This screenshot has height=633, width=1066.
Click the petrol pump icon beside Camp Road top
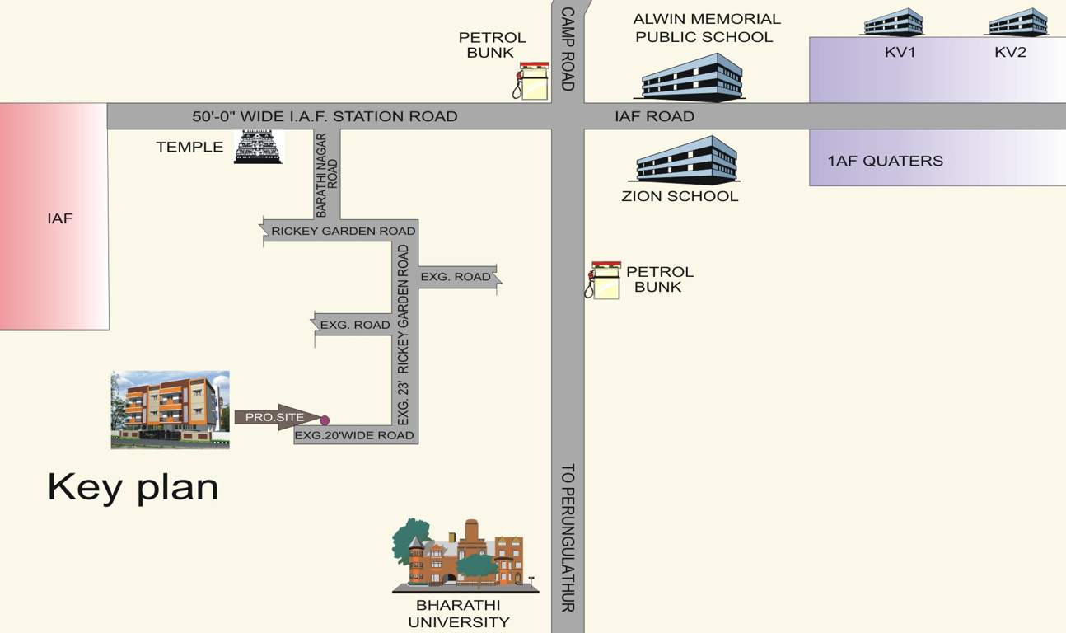(532, 82)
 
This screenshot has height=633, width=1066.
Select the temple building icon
(259, 147)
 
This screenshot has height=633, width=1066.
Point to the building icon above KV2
(1017, 22)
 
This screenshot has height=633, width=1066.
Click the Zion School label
(680, 196)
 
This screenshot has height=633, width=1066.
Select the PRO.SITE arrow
(276, 417)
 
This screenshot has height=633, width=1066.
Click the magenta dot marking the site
(325, 420)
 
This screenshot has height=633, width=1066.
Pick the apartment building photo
(171, 410)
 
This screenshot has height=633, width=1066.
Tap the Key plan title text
(133, 486)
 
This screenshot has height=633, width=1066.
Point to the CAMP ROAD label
(567, 49)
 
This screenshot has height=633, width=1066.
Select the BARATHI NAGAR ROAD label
(327, 174)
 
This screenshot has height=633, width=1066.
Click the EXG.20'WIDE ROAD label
(355, 435)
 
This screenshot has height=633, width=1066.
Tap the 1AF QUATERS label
(886, 161)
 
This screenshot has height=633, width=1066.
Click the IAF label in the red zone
(59, 218)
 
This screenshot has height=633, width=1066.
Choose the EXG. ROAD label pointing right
(456, 277)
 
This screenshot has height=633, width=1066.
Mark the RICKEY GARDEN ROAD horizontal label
(343, 232)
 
